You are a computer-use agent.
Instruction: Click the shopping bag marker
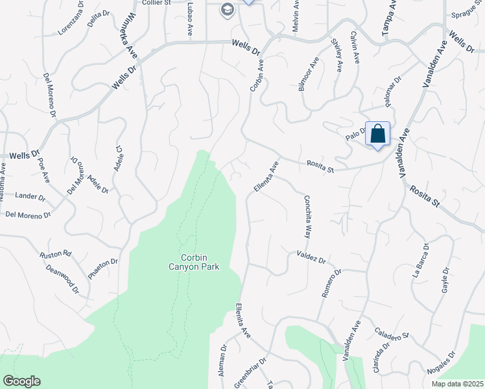(378, 134)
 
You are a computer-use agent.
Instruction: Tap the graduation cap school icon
(227, 9)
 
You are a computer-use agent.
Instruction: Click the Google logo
(21, 381)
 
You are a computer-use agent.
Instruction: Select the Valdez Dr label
(311, 257)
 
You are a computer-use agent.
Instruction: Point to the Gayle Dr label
(445, 280)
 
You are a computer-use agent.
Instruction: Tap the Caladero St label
(392, 333)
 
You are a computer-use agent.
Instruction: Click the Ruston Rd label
(55, 255)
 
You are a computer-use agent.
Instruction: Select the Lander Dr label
(30, 196)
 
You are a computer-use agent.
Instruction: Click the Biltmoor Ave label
(309, 77)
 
